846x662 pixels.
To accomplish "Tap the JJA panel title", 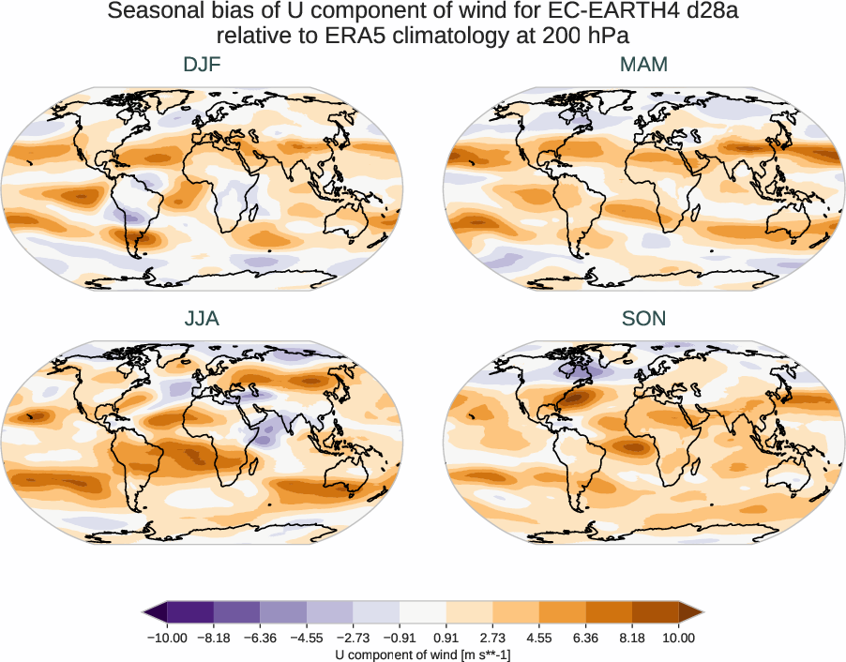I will (202, 319).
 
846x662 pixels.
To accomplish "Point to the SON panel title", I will (643, 319).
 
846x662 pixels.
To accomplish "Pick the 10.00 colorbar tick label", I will (678, 638).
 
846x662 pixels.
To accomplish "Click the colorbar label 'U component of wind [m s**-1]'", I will (423, 654).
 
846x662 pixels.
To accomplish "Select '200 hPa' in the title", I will (597, 36).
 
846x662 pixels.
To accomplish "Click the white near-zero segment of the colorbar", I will (423, 613).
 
